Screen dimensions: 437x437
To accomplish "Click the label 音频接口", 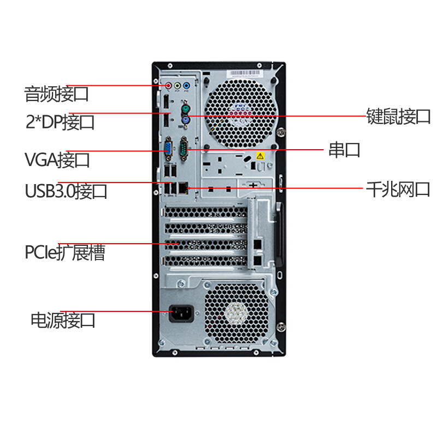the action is point(56,94).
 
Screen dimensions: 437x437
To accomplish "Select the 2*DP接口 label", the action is point(60,122).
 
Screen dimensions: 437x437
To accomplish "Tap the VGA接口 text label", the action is point(57,160).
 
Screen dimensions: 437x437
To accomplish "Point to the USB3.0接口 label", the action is point(66,191).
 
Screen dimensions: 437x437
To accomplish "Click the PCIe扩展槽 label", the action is point(65,252).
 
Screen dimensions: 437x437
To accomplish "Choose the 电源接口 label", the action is point(63,320).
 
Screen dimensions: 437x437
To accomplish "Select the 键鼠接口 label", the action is point(398,116).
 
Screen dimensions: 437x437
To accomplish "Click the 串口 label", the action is point(345,150).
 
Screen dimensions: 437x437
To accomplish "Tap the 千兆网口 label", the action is point(398,190).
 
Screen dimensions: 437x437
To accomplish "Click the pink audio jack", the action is point(168,85).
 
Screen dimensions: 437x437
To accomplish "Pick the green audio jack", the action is point(177,85).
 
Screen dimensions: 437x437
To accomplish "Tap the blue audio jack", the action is point(186,85).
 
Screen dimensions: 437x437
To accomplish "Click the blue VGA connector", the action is point(168,148).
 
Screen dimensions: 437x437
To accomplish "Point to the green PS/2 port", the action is point(185,109).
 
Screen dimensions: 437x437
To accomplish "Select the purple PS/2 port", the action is point(186,121).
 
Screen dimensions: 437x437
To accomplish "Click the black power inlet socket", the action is point(181,314).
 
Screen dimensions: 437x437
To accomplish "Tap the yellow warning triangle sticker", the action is point(260,156).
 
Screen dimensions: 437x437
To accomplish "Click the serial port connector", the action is point(184,148).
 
